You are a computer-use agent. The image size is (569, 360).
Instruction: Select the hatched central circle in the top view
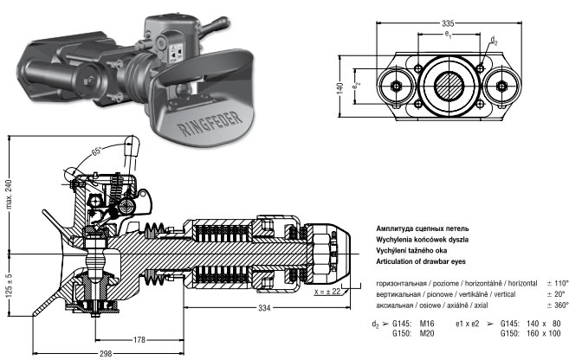point(449,87)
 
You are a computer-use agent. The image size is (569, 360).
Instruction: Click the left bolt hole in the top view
point(397,87)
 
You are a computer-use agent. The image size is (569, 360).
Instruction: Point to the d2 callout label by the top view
point(493,40)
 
